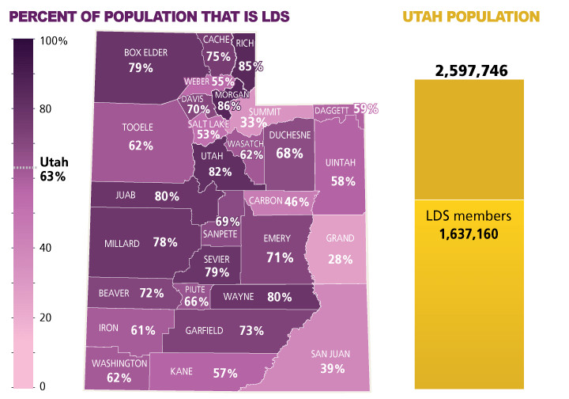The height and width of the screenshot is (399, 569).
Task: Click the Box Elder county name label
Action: pyautogui.click(x=141, y=53)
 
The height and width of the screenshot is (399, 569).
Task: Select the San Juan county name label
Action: pyautogui.click(x=331, y=353)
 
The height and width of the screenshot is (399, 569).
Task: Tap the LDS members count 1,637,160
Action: pyautogui.click(x=471, y=234)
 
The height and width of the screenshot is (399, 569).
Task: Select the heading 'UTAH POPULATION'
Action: pyautogui.click(x=472, y=16)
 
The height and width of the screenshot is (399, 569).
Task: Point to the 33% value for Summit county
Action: pyautogui.click(x=253, y=122)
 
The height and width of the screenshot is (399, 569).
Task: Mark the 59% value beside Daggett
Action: pyautogui.click(x=365, y=108)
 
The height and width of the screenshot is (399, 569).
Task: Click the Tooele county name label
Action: pyautogui.click(x=138, y=127)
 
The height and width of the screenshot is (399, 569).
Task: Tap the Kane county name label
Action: pyautogui.click(x=183, y=371)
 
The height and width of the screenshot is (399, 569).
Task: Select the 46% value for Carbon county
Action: pyautogui.click(x=296, y=202)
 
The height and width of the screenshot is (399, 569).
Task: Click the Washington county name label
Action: pyautogui.click(x=119, y=363)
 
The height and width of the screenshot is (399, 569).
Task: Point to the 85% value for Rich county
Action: pyautogui.click(x=250, y=66)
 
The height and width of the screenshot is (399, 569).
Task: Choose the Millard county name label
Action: pyautogui.click(x=122, y=243)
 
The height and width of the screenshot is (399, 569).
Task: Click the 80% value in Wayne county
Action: pyautogui.click(x=279, y=298)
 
